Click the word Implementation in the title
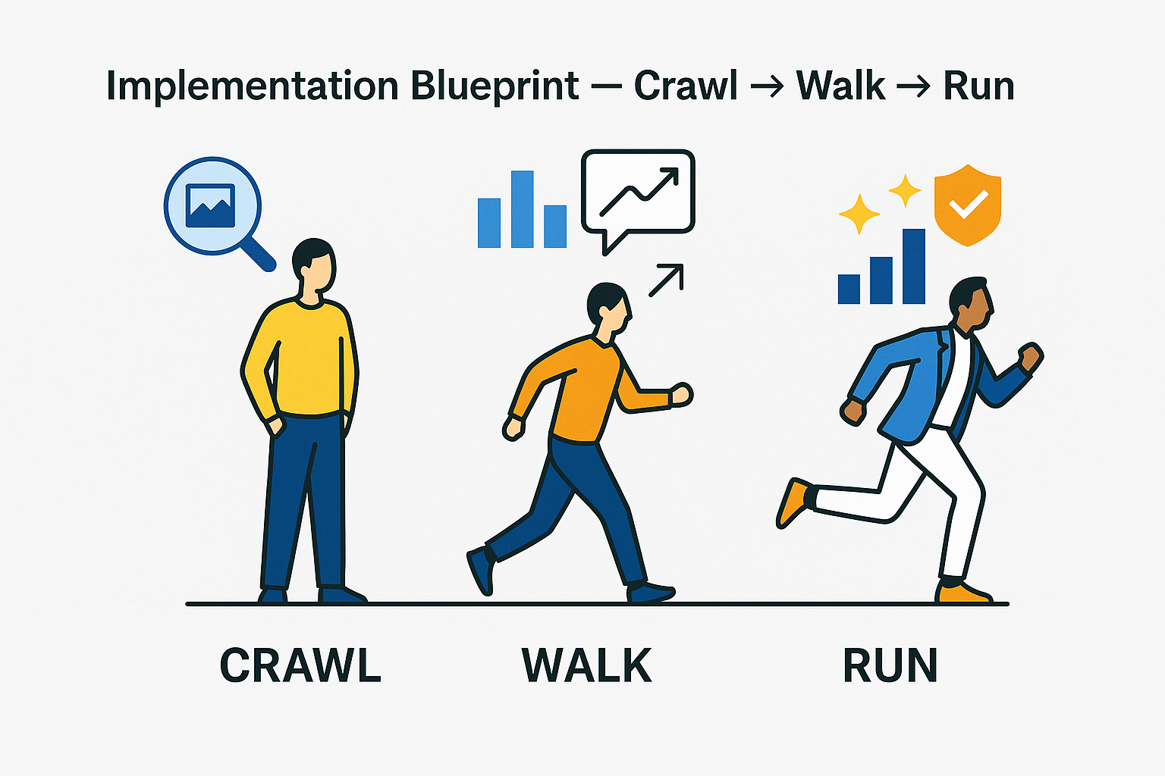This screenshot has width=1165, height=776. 252,86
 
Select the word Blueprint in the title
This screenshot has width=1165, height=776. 495,86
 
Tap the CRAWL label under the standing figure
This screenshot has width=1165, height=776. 300,665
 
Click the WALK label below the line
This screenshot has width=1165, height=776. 587,665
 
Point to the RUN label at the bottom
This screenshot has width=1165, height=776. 890,665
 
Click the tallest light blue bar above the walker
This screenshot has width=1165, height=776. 522,209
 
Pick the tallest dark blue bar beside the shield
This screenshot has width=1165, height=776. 913,266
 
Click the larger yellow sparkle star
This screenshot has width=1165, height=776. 859,214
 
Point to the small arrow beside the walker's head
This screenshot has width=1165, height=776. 666,280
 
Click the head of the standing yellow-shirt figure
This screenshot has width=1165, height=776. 313,265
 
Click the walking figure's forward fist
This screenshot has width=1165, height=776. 680,395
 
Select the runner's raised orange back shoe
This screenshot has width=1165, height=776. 793,502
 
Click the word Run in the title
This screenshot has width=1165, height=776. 978,86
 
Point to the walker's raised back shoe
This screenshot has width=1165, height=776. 481,570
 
